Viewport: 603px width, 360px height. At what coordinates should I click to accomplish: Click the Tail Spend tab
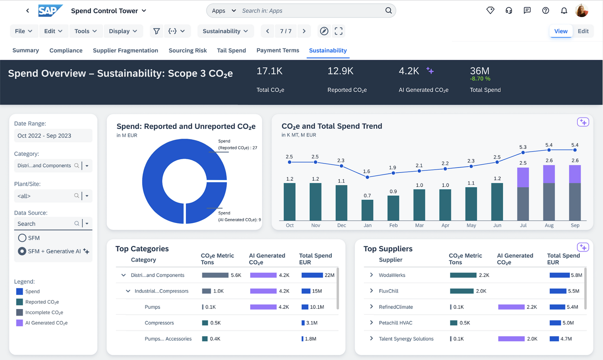(x=231, y=51)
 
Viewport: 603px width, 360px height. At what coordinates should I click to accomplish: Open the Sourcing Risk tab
(x=187, y=51)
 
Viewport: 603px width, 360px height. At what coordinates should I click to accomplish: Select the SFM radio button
(x=22, y=238)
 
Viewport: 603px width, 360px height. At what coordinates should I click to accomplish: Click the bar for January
(x=367, y=210)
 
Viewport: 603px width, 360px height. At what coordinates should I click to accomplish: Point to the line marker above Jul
(x=523, y=153)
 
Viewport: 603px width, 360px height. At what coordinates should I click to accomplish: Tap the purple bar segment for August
(x=549, y=174)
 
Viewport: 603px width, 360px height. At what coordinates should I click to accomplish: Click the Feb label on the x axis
(x=393, y=225)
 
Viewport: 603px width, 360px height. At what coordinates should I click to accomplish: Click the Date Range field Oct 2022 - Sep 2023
(x=53, y=136)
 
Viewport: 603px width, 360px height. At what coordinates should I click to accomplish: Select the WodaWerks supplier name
(x=392, y=275)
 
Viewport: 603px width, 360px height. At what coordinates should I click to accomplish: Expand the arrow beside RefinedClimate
(x=371, y=307)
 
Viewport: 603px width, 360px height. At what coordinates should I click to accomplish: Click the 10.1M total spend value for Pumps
(x=317, y=307)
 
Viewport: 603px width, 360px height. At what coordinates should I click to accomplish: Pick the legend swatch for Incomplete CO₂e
(x=20, y=312)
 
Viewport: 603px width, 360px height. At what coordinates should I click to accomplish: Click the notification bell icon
(x=564, y=11)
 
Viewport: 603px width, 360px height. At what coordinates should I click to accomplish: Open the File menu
(x=23, y=31)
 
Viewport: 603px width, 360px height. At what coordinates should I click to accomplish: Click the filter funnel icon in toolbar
(x=156, y=31)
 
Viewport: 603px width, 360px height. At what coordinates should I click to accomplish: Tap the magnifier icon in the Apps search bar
(x=388, y=11)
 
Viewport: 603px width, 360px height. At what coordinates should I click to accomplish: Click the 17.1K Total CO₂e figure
(x=269, y=71)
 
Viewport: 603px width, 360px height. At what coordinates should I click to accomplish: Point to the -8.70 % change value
(x=480, y=79)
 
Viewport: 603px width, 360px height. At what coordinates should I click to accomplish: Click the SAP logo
(x=50, y=11)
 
